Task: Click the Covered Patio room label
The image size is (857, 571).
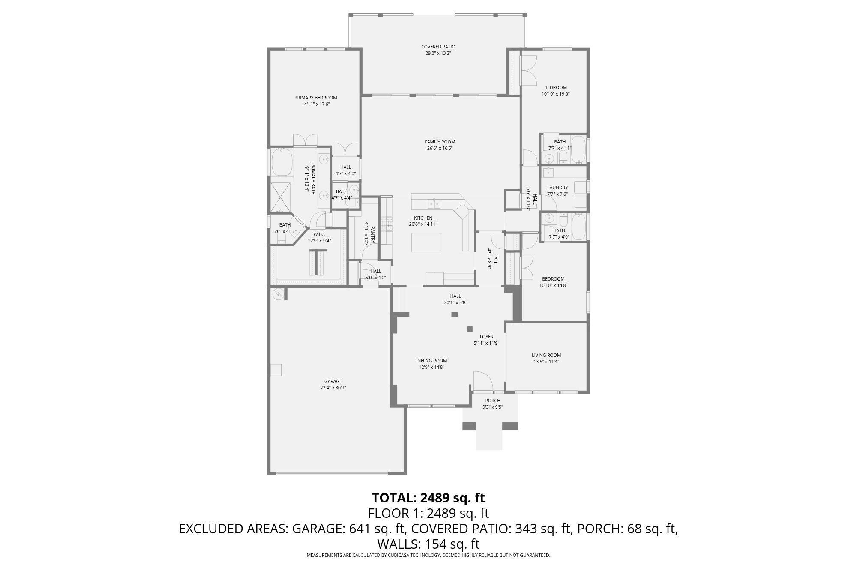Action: [438, 47]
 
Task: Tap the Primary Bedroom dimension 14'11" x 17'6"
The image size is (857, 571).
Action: [315, 104]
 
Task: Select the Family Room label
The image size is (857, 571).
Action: [440, 142]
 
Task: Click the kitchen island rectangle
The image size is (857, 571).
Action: [426, 242]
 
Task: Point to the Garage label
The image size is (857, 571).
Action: [333, 381]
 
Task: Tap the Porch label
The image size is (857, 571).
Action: [493, 401]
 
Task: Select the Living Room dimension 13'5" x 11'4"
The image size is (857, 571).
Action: [546, 362]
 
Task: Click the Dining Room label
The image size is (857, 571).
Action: [431, 361]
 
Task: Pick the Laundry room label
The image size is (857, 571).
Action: [557, 188]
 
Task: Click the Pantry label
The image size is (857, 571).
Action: [372, 235]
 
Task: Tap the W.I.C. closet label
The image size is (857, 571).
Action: [319, 234]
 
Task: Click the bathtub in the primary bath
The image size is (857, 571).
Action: [281, 162]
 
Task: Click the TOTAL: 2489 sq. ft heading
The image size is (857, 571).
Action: [428, 498]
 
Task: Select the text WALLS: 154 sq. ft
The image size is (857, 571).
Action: [428, 544]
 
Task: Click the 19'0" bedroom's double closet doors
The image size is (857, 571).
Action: [529, 70]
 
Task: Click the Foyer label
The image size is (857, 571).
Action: [486, 337]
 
